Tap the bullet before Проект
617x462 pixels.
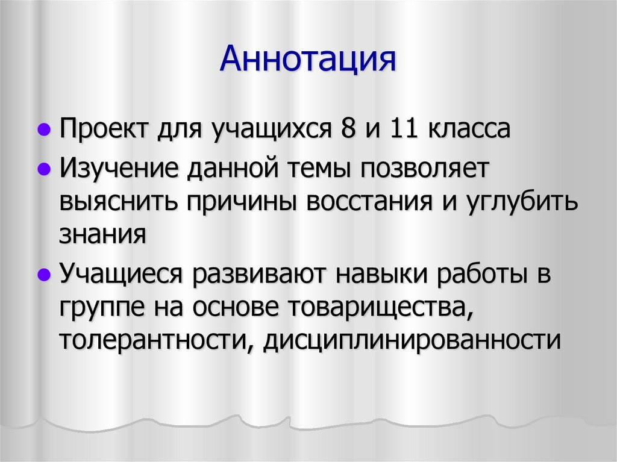pos(43,130)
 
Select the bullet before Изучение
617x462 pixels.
pos(43,169)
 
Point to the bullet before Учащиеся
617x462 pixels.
pos(43,275)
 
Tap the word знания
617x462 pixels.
pos(102,233)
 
